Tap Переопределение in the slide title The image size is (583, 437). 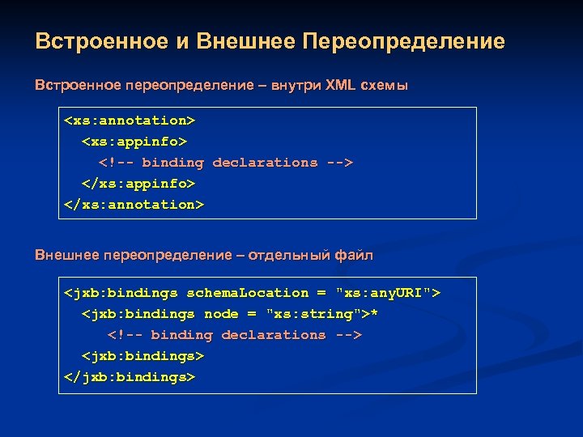click(403, 41)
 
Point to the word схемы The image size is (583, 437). click(387, 85)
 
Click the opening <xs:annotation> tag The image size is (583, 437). click(130, 121)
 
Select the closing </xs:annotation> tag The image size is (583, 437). click(134, 205)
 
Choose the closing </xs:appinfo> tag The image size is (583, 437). click(138, 184)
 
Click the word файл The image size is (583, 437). click(356, 257)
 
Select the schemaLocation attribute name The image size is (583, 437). click(248, 293)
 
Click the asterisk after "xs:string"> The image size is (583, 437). click(374, 313)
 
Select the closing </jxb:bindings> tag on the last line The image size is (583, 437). click(130, 377)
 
